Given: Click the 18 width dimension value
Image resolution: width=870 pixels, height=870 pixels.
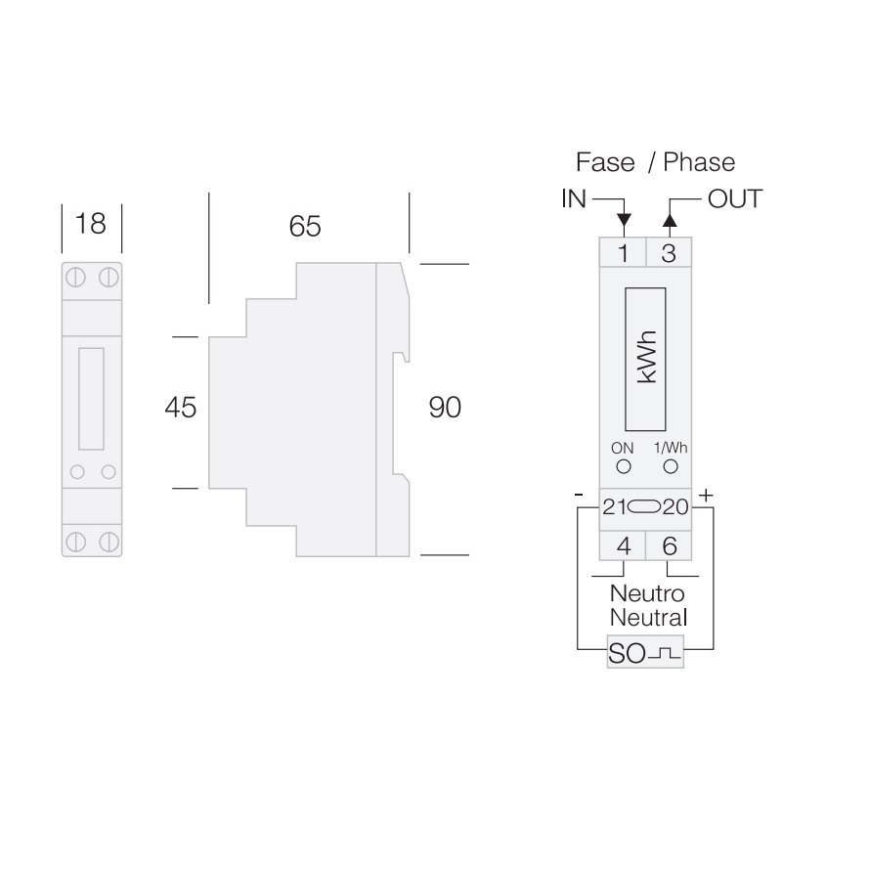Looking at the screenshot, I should click(90, 224).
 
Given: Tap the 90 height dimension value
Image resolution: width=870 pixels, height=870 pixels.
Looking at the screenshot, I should click(445, 408).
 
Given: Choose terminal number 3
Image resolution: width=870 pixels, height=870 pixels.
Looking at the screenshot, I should click(669, 254).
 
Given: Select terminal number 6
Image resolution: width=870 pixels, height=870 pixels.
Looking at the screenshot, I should click(670, 546).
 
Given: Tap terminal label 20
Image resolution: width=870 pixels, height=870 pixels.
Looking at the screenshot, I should click(676, 507).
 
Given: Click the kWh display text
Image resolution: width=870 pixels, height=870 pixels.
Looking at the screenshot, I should click(646, 359).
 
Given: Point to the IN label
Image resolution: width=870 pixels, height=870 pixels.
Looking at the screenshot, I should click(574, 199).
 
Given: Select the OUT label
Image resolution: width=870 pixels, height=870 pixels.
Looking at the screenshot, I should click(733, 199).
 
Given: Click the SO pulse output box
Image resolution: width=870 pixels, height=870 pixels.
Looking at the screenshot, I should click(645, 653).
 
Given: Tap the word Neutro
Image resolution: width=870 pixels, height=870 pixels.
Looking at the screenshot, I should click(647, 593).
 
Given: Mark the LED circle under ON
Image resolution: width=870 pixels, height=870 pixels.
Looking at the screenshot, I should click(623, 466).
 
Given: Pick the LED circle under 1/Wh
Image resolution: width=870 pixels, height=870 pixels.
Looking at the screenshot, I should click(670, 466).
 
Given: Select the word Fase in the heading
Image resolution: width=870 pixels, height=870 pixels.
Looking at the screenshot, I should click(605, 161).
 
